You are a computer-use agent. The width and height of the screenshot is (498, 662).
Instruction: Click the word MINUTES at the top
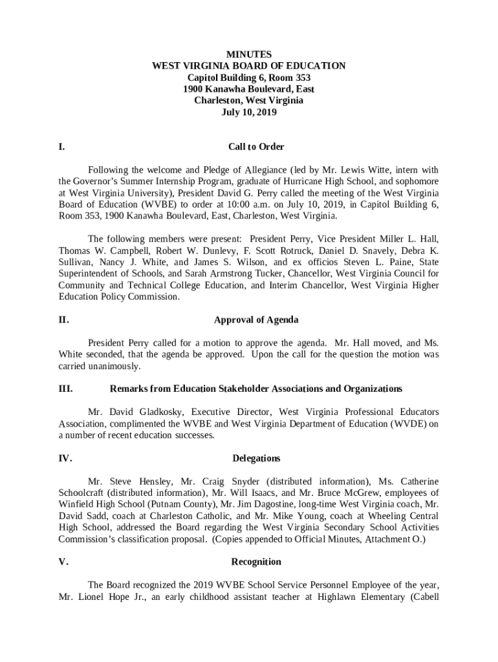(248, 54)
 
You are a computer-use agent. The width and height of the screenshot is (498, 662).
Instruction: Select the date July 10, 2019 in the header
(248, 112)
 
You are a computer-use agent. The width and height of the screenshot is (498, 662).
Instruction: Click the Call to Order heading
(256, 147)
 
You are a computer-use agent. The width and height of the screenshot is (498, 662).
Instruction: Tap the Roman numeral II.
(63, 319)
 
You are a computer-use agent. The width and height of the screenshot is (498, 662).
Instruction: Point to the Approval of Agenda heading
(256, 319)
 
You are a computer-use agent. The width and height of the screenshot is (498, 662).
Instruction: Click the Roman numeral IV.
(65, 458)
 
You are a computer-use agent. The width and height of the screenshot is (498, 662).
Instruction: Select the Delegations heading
(256, 458)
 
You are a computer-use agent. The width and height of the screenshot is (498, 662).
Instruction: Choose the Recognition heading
(256, 562)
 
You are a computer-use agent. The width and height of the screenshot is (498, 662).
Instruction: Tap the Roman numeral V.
(63, 562)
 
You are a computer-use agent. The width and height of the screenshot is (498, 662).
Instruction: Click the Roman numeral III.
(65, 389)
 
